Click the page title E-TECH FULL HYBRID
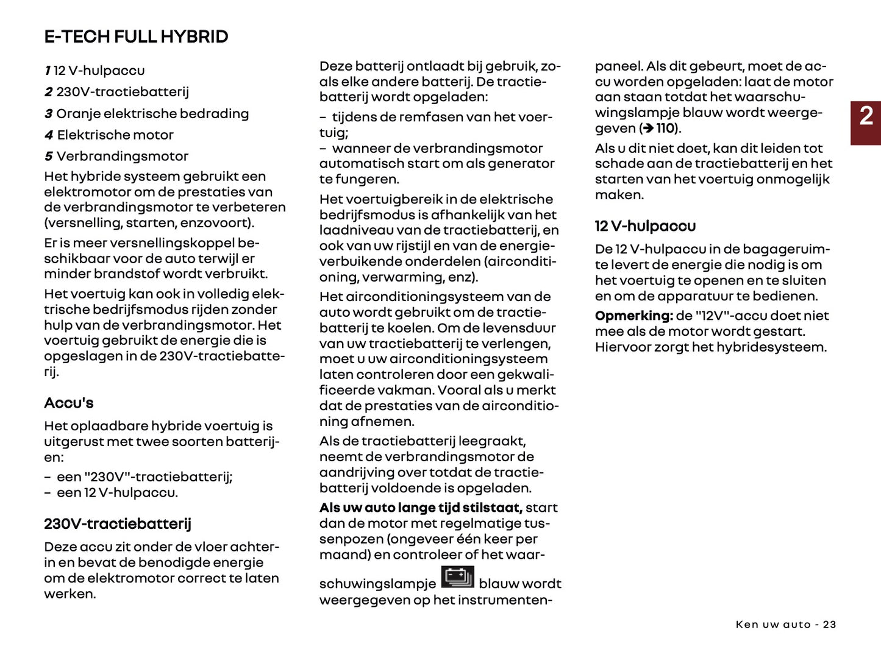click(x=136, y=37)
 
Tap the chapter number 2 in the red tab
click(x=866, y=116)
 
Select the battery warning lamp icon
click(x=457, y=577)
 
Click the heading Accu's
click(x=69, y=403)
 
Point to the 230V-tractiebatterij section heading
click(x=118, y=523)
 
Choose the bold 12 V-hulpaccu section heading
click(x=645, y=226)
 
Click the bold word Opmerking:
click(x=633, y=316)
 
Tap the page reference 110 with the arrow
click(x=660, y=129)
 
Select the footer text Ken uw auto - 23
click(x=785, y=625)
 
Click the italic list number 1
click(x=48, y=71)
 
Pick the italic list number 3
click(x=49, y=114)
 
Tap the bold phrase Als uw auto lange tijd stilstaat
click(x=420, y=508)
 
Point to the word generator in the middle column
click(x=525, y=164)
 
